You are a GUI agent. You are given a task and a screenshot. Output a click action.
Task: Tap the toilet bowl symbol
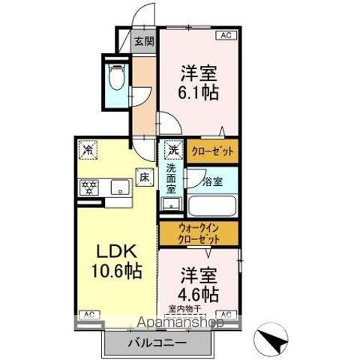click(x=116, y=76)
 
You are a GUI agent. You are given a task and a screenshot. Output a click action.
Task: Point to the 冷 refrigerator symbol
click(x=88, y=148)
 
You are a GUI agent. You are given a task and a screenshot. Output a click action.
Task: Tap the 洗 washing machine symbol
click(x=172, y=148)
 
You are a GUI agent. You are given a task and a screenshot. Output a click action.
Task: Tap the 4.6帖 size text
click(x=198, y=291)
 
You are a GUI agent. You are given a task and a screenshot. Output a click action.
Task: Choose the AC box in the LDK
click(x=88, y=313)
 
